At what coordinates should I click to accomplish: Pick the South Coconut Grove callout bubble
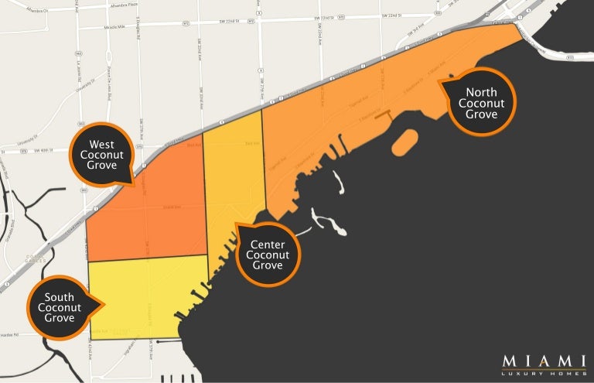pyautogui.click(x=60, y=307)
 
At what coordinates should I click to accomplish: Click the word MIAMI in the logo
pyautogui.click(x=543, y=361)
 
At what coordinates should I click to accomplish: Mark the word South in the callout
pyautogui.click(x=60, y=297)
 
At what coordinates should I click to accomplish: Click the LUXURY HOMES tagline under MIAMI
pyautogui.click(x=543, y=374)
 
